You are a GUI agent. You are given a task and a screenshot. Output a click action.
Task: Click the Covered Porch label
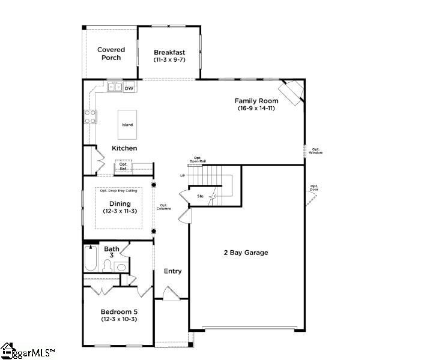[x=111, y=54]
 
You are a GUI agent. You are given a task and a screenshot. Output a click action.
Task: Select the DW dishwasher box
[x=129, y=88]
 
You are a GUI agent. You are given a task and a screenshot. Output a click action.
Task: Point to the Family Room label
[x=256, y=101]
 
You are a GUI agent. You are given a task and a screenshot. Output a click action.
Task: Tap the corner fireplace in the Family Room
[x=293, y=92]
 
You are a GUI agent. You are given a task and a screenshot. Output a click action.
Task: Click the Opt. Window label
[x=316, y=151]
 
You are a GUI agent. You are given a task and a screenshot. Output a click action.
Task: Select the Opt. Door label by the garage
[x=314, y=188]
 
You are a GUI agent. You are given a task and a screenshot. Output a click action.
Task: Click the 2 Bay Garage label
[x=242, y=253]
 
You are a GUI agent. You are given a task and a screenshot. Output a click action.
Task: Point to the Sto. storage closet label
[x=201, y=196]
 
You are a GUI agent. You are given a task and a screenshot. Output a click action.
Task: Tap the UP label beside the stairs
[x=183, y=176]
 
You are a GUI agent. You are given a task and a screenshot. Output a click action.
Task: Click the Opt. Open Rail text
[x=198, y=160]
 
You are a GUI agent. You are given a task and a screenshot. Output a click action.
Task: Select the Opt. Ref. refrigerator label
[x=123, y=166]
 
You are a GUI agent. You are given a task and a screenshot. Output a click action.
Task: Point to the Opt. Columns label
[x=164, y=207]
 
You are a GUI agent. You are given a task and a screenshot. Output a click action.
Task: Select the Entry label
[x=172, y=271]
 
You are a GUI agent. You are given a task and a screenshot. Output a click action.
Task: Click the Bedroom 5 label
[x=119, y=311]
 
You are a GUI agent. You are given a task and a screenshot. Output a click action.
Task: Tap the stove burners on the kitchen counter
[x=91, y=117]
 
